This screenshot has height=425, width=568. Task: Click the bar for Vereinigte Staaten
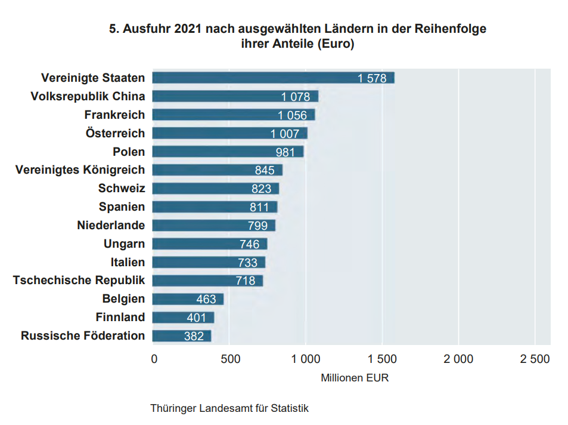273,78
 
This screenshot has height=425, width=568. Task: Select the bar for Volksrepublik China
235,96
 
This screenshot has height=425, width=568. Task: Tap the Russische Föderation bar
181,335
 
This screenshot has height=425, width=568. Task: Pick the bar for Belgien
188,298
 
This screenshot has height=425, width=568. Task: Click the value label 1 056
292,115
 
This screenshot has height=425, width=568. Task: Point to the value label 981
285,152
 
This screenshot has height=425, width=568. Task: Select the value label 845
265,171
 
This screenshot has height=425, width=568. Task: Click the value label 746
249,244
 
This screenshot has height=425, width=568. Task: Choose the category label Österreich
115,133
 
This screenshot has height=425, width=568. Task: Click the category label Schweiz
122,189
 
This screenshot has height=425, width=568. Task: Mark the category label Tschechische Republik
79,281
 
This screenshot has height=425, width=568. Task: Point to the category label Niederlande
111,226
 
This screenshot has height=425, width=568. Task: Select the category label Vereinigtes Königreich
80,170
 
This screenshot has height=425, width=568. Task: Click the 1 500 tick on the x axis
381,359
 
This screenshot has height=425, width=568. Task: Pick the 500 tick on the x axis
230,359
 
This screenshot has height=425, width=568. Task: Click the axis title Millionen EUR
355,378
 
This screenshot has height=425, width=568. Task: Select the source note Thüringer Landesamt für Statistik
229,409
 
